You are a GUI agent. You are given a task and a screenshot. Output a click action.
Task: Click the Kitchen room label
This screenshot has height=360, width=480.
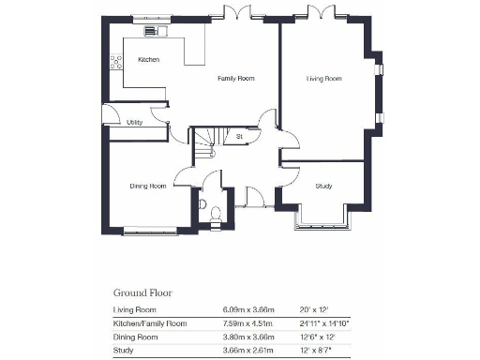(148, 60)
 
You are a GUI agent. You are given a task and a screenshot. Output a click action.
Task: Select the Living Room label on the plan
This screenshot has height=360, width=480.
(323, 79)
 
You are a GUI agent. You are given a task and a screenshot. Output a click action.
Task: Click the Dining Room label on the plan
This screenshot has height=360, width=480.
(148, 186)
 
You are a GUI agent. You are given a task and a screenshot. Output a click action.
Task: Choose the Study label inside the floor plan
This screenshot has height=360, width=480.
(324, 186)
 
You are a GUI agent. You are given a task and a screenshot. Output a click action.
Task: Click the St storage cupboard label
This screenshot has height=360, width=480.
(240, 137)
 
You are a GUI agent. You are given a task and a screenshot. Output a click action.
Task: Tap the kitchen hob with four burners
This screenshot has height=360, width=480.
(116, 63)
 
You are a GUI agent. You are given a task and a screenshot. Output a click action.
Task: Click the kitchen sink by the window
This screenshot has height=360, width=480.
(152, 31)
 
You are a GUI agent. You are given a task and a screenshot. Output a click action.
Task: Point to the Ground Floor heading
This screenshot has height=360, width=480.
(142, 292)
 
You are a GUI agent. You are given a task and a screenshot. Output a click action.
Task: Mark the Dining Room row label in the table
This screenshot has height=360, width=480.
(133, 337)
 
